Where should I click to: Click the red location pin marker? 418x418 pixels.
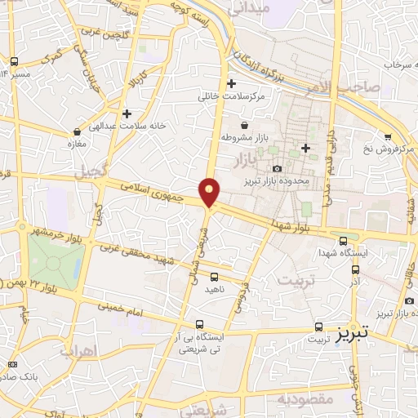pyautogui.click(x=210, y=192)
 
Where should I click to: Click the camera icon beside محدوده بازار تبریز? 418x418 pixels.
pyautogui.click(x=278, y=168)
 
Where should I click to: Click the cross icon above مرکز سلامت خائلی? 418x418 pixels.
pyautogui.click(x=232, y=83)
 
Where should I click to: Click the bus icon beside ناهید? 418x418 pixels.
pyautogui.click(x=214, y=277)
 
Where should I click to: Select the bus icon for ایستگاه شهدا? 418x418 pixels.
pyautogui.click(x=343, y=241)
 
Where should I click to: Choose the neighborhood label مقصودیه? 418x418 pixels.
pyautogui.click(x=305, y=400)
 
